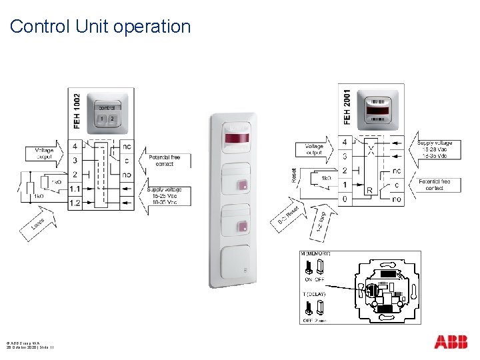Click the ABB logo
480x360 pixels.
coord(451,342)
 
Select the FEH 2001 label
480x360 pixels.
coord(347,105)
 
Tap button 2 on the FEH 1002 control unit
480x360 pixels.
coord(112,119)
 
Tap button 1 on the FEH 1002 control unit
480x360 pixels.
coord(102,119)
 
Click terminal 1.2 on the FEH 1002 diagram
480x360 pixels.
coord(75,203)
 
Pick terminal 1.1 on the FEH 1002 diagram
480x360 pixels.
coord(75,189)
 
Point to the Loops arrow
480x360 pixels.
coord(39,223)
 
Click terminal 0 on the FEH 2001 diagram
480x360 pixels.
coord(344,199)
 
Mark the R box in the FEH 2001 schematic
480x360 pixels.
coord(369,190)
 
